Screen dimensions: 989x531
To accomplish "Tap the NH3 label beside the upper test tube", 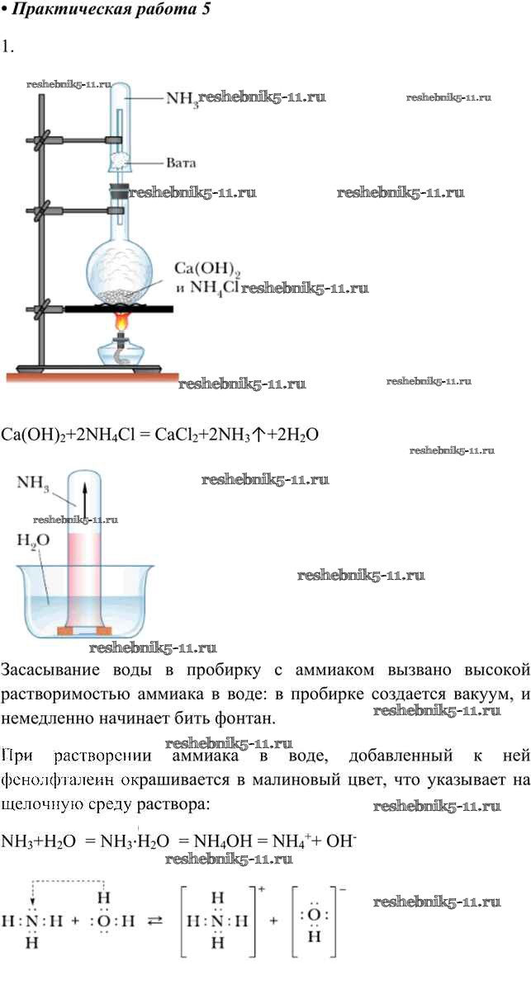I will point(181,99).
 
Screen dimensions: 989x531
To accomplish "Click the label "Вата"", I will point(181,162).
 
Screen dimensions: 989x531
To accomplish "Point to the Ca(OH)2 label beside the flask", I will point(195,271).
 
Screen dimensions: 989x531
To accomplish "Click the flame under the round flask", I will point(122,321).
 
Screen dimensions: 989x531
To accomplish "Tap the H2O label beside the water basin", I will point(33,540).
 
